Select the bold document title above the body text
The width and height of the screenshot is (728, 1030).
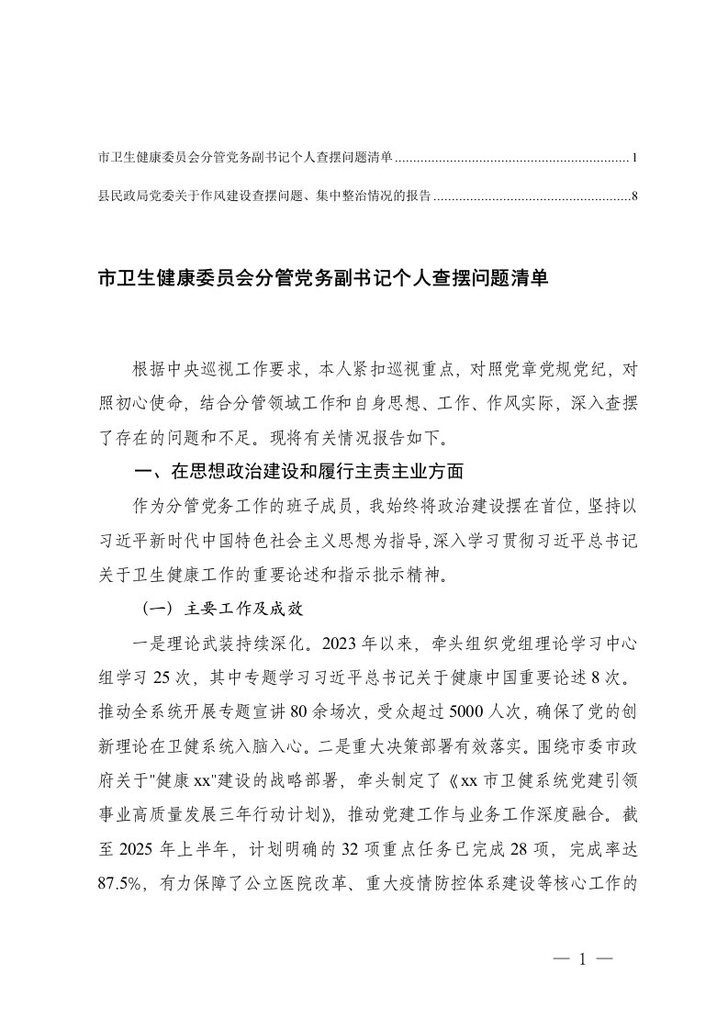pyautogui.click(x=322, y=278)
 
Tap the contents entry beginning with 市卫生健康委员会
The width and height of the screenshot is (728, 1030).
pyautogui.click(x=245, y=159)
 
